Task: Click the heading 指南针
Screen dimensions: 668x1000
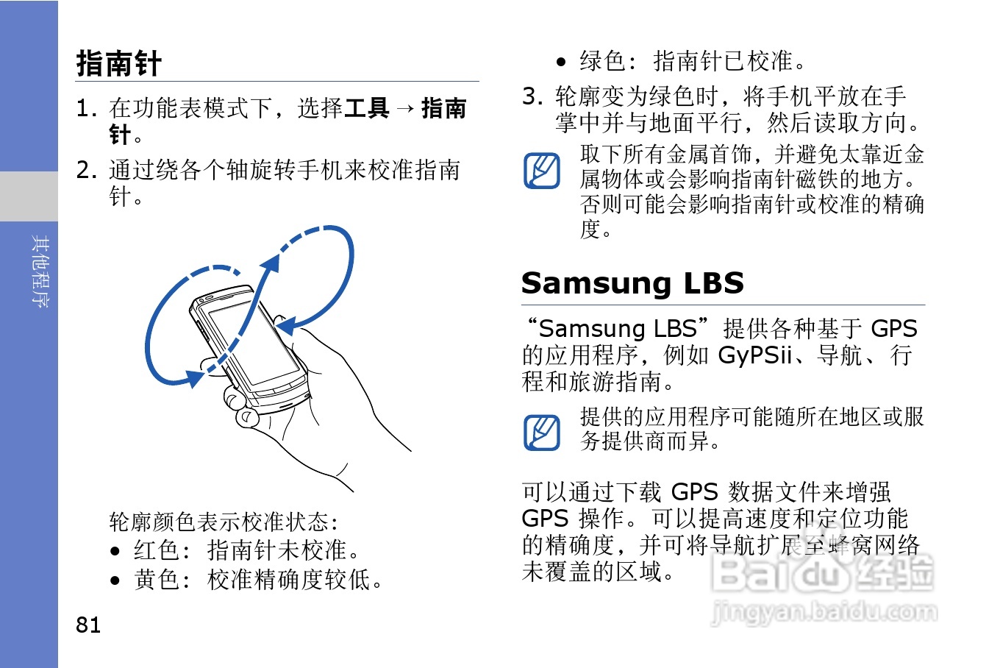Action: click(x=118, y=63)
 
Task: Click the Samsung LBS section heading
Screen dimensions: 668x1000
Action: click(x=632, y=283)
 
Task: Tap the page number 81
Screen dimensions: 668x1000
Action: click(x=88, y=625)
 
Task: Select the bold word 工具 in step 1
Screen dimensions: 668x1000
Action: click(x=367, y=108)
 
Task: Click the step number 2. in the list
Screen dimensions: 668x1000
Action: click(x=86, y=170)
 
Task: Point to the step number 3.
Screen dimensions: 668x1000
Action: click(x=532, y=96)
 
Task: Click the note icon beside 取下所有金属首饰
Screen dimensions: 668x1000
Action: click(x=542, y=171)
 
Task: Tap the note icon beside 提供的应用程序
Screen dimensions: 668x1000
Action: click(x=542, y=432)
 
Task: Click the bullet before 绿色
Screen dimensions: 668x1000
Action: click(x=561, y=62)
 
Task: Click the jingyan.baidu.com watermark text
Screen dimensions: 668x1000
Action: click(x=824, y=611)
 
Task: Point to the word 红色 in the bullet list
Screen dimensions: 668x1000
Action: click(x=157, y=550)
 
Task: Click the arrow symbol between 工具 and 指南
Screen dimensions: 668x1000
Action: click(x=405, y=109)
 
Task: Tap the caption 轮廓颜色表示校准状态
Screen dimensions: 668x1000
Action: click(x=223, y=522)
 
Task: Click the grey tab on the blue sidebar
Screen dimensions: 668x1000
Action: click(x=29, y=196)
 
